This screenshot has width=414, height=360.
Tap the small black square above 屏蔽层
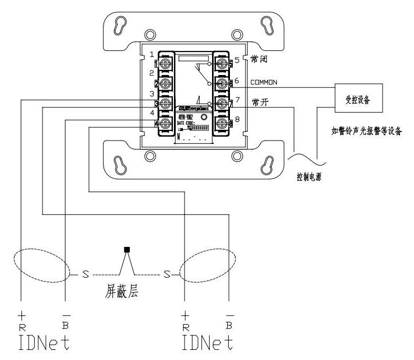[x=127, y=249]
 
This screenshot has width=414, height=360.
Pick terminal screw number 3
[x=166, y=104]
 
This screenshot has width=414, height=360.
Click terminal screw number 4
[x=166, y=123]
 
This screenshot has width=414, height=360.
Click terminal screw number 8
[x=222, y=123]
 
